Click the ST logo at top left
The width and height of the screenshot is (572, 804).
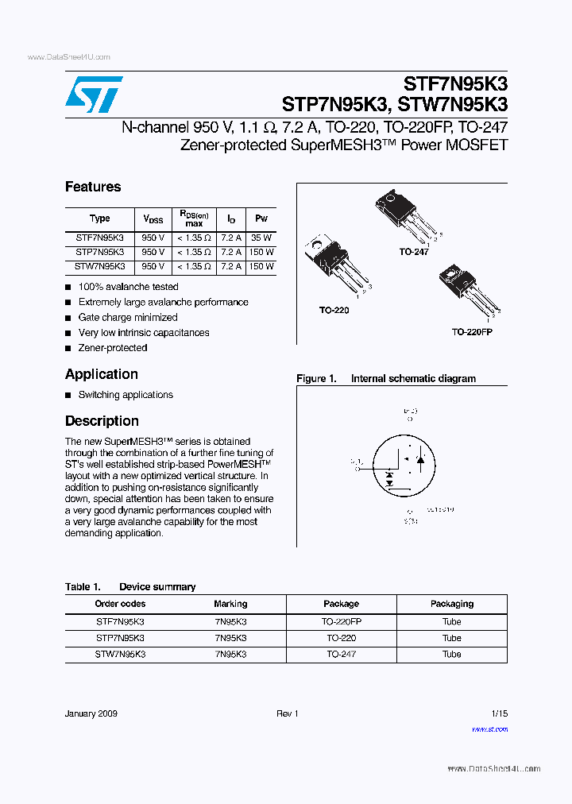point(94,95)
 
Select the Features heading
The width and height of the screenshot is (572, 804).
point(93,187)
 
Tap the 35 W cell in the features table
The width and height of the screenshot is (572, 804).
point(261,238)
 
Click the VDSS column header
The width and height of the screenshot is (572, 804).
point(153,218)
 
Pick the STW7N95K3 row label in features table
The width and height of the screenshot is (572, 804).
point(100,266)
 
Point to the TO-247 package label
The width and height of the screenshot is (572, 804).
point(413,251)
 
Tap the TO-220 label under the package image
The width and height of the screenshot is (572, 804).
point(334,310)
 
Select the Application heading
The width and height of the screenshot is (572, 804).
point(102,374)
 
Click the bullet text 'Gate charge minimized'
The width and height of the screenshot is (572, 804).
point(128,317)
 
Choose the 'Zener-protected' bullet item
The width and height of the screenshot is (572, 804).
point(113,348)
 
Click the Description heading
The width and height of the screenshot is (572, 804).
point(102,421)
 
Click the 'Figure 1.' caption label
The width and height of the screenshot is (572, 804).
point(316,379)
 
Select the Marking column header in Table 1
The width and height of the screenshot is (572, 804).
point(230,604)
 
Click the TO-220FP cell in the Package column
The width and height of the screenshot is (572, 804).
point(341,621)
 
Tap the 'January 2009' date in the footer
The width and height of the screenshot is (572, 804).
point(91,713)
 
